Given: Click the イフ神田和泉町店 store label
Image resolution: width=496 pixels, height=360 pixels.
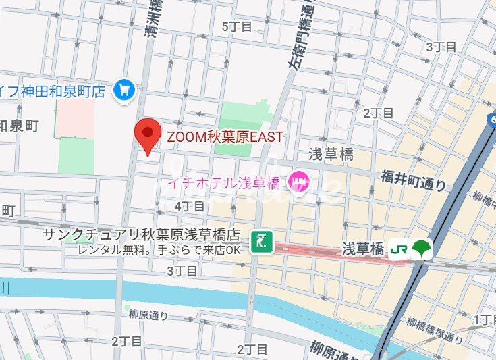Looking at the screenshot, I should coord(54,90).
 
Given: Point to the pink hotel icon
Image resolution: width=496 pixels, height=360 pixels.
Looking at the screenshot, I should coord(298,181).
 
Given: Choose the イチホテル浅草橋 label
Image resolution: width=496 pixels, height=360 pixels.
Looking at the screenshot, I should coord(223,182).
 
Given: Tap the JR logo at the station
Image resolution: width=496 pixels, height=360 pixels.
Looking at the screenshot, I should coord(399,249).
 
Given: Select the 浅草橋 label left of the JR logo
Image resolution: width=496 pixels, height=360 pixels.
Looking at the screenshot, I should coord(362,249).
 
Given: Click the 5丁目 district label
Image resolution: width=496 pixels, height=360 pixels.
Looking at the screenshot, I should coord(237,26).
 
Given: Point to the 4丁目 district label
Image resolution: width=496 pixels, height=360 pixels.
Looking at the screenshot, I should coord(188,205).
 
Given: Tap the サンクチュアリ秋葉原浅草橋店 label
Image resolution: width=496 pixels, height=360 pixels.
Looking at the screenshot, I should coord(141,234).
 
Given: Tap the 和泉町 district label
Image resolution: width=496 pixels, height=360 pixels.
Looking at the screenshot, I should coord(20,125).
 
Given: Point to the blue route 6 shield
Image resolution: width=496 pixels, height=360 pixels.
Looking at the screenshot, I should coord(491,120).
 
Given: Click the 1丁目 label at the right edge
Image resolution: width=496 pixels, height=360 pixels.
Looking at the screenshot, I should coord(485,319).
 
